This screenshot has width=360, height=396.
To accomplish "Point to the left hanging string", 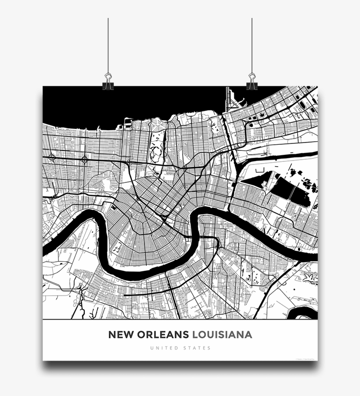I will (x=108, y=44).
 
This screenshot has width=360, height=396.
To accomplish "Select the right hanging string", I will (x=252, y=44).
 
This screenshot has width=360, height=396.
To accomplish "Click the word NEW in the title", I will (x=120, y=335).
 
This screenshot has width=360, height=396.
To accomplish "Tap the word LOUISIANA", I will (x=223, y=335).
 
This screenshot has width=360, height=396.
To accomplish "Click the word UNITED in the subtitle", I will (x=164, y=348).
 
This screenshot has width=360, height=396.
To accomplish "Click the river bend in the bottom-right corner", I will (x=305, y=312).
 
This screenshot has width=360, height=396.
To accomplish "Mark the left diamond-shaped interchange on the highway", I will (x=52, y=156).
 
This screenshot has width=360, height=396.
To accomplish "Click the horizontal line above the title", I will (x=180, y=321).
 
